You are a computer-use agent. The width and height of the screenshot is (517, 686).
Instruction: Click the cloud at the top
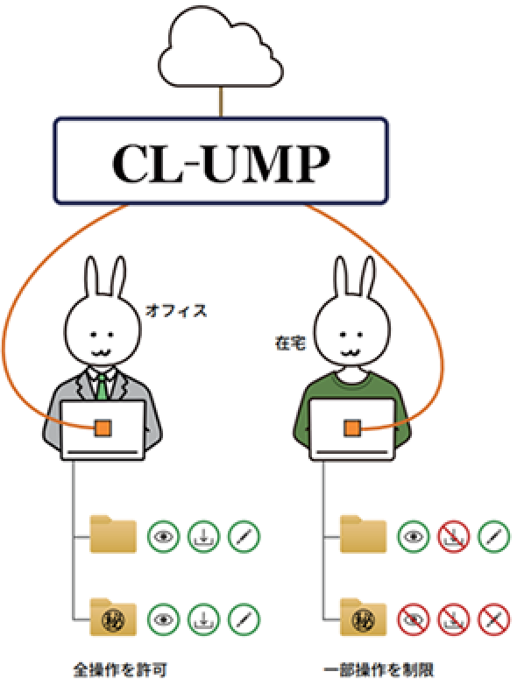click(221, 48)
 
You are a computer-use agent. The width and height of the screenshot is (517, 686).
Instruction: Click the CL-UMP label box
click(221, 160)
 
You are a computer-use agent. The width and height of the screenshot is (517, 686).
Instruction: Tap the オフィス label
click(176, 311)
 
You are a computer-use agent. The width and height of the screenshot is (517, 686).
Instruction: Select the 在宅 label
click(290, 343)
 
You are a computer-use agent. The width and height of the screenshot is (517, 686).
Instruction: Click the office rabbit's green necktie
click(102, 386)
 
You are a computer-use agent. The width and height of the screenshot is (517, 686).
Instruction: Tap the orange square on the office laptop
click(103, 428)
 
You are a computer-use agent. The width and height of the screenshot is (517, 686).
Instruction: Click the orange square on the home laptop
click(352, 428)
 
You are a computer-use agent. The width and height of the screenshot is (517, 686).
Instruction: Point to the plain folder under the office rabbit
click(113, 534)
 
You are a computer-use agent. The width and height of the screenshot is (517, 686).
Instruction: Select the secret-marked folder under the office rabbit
click(113, 617)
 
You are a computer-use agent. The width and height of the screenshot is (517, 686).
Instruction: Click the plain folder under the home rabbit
click(363, 534)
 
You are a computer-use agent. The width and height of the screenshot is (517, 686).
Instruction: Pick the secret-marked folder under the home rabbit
click(363, 617)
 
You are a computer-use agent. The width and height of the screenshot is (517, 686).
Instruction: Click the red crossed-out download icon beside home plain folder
click(454, 536)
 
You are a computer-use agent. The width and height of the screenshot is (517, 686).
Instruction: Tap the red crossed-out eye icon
click(414, 619)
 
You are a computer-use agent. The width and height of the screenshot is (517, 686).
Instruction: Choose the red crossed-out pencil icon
click(494, 619)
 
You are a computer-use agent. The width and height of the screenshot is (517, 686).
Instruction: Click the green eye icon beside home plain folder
click(414, 536)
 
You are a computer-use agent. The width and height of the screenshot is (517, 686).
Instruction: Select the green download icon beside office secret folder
click(203, 619)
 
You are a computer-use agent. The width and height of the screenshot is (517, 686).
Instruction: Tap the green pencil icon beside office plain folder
click(244, 536)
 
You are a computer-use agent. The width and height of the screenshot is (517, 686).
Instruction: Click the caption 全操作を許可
click(120, 670)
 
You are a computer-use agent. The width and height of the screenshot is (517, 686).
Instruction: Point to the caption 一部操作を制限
click(379, 670)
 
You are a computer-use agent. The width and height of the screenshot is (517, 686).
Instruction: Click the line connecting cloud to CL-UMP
click(221, 102)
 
